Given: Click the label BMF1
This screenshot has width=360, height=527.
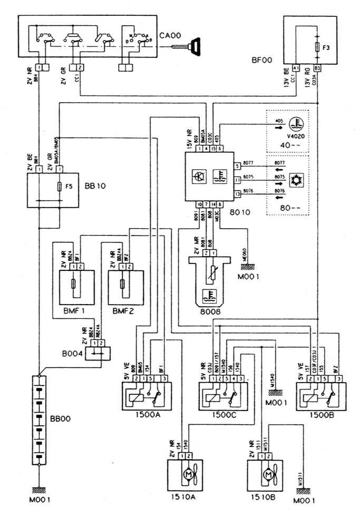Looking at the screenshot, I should (74, 311).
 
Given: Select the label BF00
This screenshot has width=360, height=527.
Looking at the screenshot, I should (261, 61).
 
